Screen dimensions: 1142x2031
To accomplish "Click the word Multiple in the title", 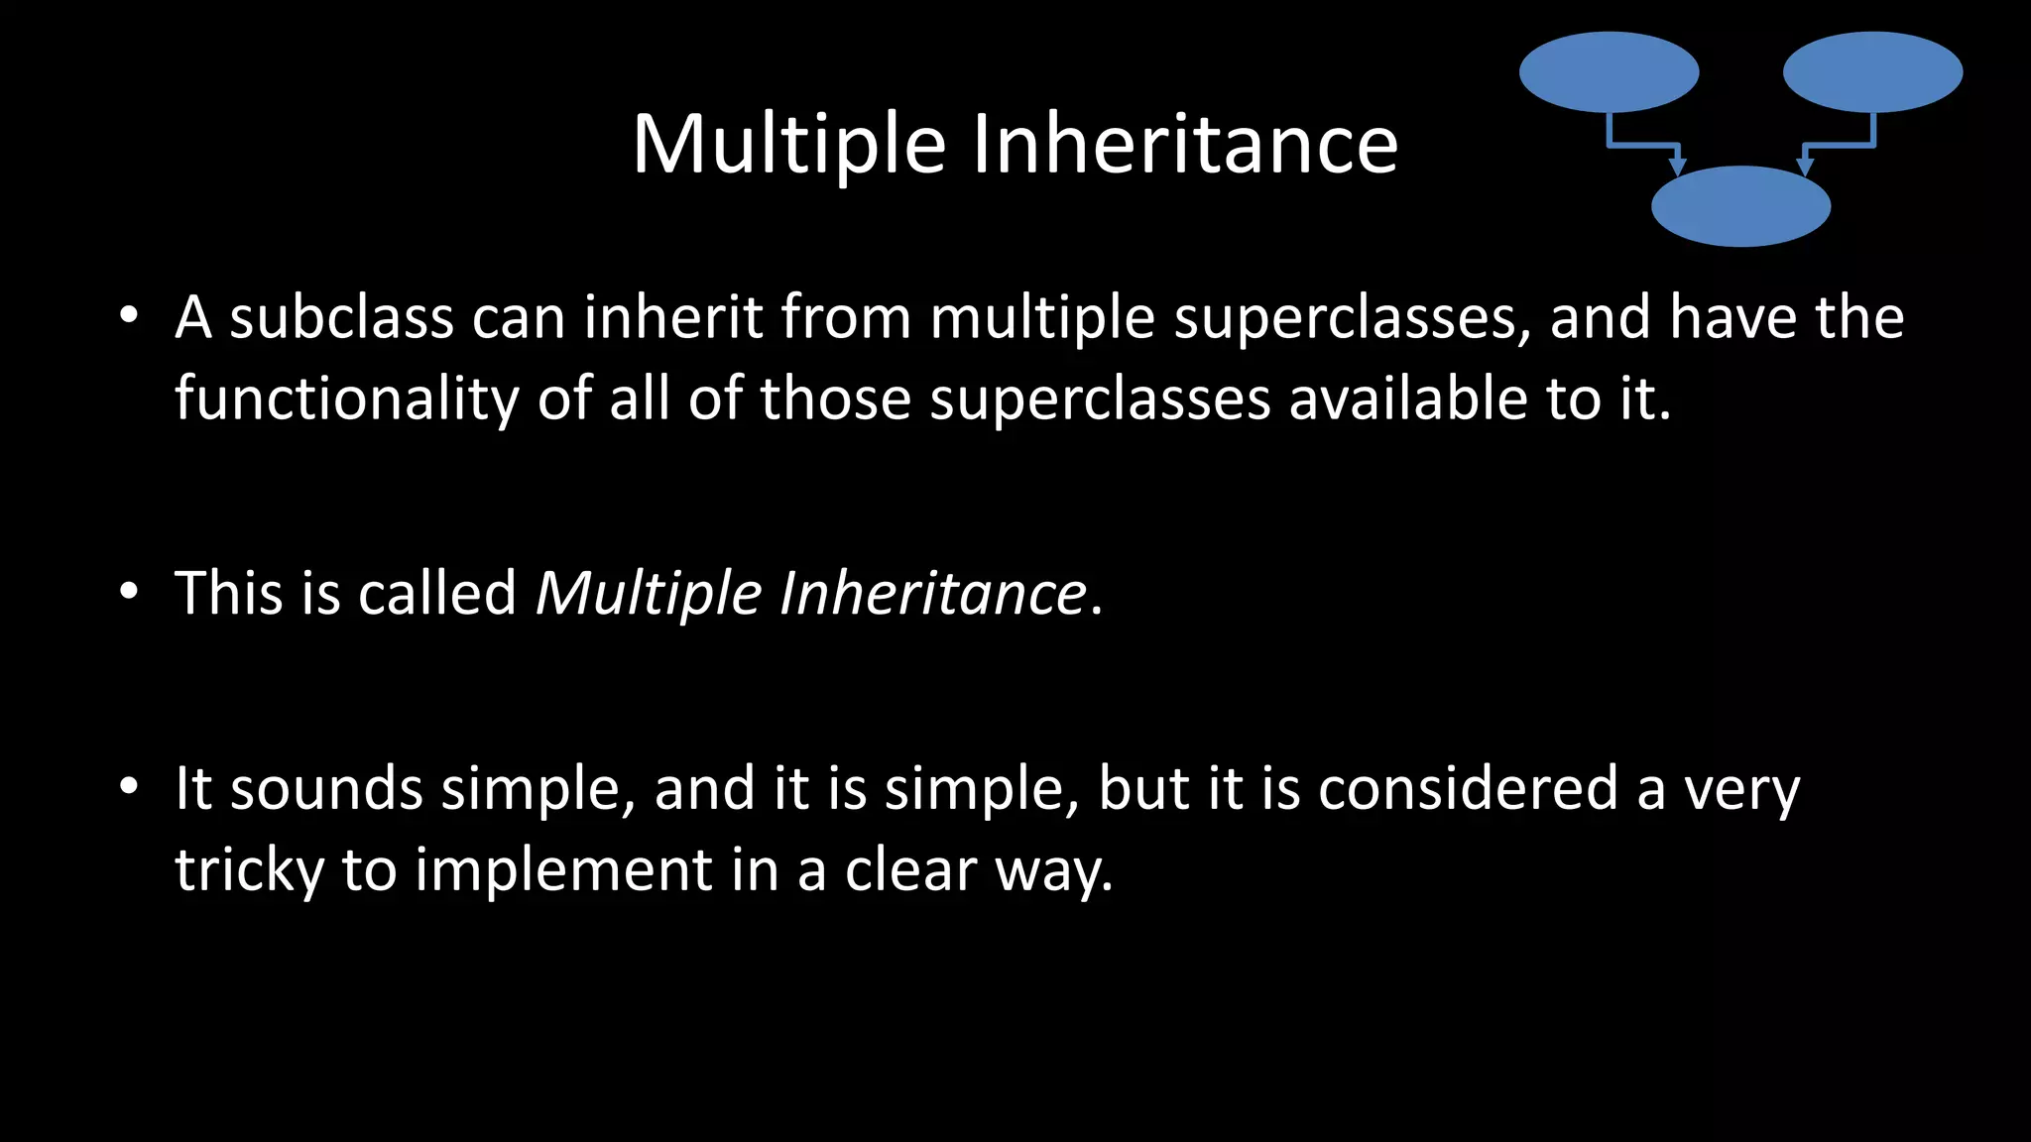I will point(789,145).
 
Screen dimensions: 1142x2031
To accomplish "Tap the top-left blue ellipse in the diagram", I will point(1609,72).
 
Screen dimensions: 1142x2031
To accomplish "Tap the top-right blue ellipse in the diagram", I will point(1872,72).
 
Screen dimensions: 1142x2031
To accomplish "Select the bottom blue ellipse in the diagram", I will point(1740,206).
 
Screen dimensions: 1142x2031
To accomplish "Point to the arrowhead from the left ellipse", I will point(1677,166).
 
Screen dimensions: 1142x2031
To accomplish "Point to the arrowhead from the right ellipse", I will point(1805,166).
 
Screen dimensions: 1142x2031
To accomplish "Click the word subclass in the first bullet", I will point(341,318).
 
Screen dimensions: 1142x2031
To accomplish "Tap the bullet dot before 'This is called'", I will point(128,592).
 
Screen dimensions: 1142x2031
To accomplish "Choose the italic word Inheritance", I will point(933,593).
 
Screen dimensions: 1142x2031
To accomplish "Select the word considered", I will point(1468,789).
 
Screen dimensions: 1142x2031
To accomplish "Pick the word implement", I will point(563,871).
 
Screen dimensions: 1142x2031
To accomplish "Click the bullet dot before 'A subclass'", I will point(128,316).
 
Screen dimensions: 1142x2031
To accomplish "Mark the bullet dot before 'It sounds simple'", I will point(128,787).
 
